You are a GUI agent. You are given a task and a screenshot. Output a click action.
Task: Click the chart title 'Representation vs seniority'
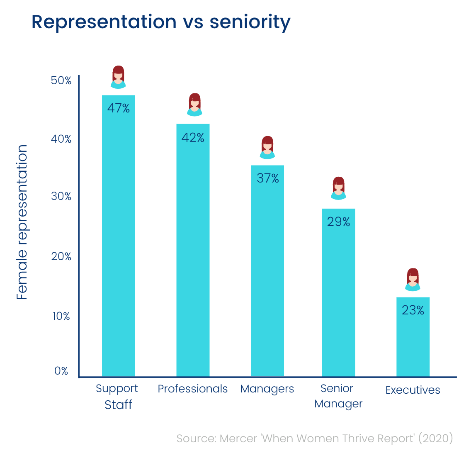pyautogui.click(x=161, y=22)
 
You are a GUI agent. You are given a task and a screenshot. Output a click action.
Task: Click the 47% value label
pyautogui.click(x=119, y=108)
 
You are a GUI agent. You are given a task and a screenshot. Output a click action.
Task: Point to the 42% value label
pyautogui.click(x=193, y=137)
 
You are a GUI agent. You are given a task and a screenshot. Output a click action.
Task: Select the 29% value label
pyautogui.click(x=338, y=222)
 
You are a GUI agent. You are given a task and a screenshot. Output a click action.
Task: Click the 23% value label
pyautogui.click(x=413, y=310)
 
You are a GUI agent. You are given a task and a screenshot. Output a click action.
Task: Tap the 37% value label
pyautogui.click(x=267, y=178)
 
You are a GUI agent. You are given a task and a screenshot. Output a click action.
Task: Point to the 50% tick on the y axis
pyautogui.click(x=61, y=80)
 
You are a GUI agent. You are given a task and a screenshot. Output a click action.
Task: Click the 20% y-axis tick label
pyautogui.click(x=61, y=256)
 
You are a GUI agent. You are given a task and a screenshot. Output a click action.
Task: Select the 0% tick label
pyautogui.click(x=61, y=371)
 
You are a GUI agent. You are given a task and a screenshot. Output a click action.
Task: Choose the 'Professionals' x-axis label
pyautogui.click(x=193, y=389)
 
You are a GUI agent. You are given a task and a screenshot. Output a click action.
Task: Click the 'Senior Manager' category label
pyautogui.click(x=338, y=396)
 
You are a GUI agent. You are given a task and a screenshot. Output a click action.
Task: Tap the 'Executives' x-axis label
pyautogui.click(x=413, y=390)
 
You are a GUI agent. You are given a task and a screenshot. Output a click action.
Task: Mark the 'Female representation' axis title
pyautogui.click(x=22, y=222)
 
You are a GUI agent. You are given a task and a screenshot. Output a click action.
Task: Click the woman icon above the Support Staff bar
pyautogui.click(x=119, y=77)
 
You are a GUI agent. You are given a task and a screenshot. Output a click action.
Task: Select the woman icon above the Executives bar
pyautogui.click(x=413, y=280)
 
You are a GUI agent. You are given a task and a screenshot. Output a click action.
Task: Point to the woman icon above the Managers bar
pyautogui.click(x=267, y=147)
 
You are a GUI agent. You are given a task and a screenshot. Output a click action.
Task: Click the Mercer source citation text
pyautogui.click(x=315, y=439)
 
